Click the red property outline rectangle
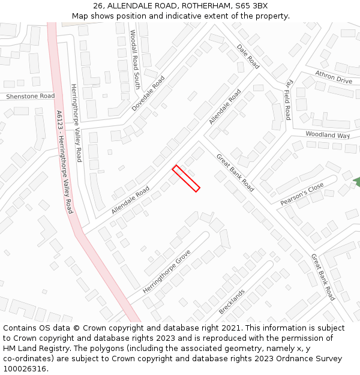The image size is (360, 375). click(186, 178)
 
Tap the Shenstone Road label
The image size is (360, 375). click(30, 96)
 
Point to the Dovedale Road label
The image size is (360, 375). click(148, 93)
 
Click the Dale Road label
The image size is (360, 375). click(248, 56)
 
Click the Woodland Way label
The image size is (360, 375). click(328, 135)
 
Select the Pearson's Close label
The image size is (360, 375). click(302, 194)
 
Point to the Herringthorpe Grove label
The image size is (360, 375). click(166, 271)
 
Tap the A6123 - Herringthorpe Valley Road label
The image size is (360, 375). click(64, 162)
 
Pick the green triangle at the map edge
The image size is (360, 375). click(356, 182)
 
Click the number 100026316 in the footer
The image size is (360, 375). click(25, 369)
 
